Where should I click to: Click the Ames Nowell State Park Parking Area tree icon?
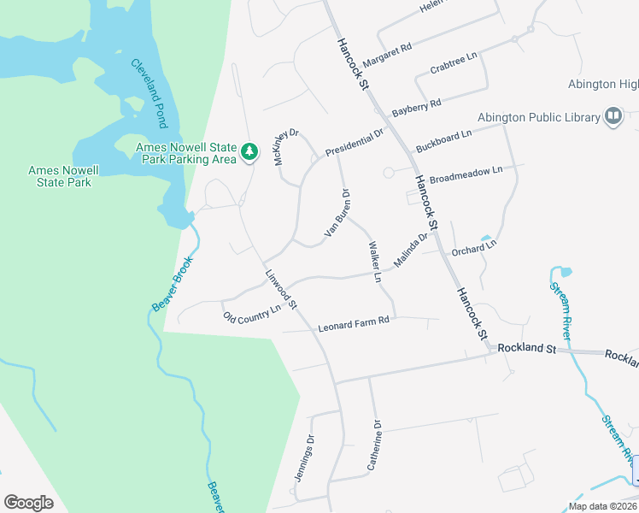point(249,152)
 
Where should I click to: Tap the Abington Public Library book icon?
point(613,116)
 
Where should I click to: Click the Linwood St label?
point(280,290)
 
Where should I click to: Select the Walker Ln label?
point(373,262)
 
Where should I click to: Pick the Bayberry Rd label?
point(416,108)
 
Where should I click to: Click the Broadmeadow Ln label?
point(466,175)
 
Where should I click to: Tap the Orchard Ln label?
point(474,249)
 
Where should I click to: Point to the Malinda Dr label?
point(410,249)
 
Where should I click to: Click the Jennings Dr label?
point(305,458)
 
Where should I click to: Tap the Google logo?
point(28,502)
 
